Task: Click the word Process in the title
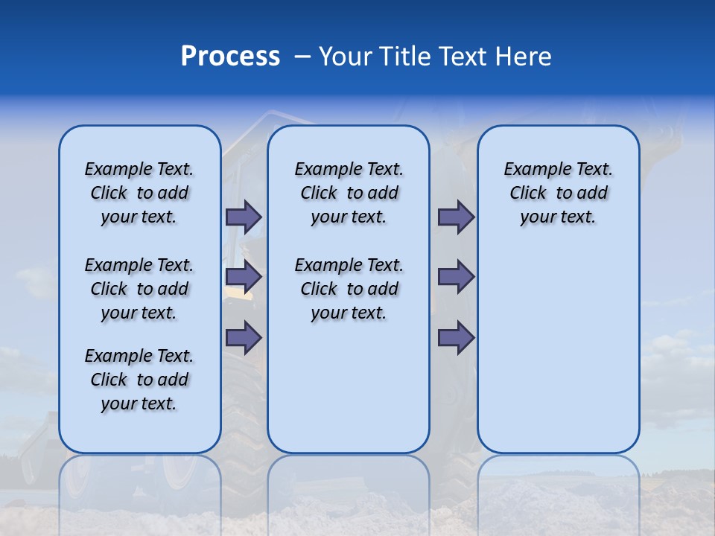coord(230,57)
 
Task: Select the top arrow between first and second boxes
coord(244,217)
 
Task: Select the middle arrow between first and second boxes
coord(244,277)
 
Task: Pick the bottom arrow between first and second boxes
coord(244,338)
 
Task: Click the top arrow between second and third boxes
coord(456,217)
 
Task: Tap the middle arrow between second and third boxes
coord(456,277)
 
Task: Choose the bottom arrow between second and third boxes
coord(456,338)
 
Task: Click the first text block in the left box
coord(139,193)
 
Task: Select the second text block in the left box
coord(139,289)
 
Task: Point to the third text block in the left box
coord(139,380)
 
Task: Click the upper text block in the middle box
coord(349,193)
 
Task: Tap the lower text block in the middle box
coord(349,289)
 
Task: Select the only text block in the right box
coord(558,193)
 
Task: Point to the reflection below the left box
coord(139,484)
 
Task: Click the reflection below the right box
coord(558,484)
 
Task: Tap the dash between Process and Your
coord(302,57)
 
